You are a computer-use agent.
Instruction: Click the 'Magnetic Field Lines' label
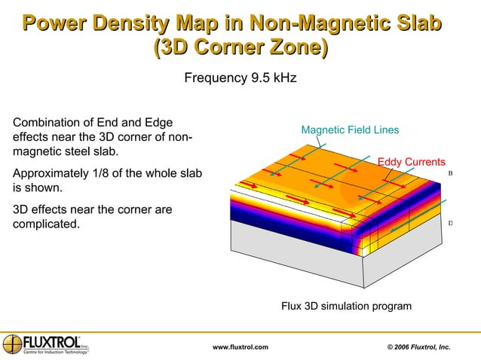tap(350, 130)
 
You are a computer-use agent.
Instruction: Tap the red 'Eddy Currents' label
tap(411, 161)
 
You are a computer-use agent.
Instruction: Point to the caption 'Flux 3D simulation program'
tap(346, 307)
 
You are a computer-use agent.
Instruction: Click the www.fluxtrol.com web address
tap(240, 346)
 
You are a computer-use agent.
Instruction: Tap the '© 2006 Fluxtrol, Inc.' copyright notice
tap(418, 346)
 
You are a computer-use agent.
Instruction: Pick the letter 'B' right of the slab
tap(450, 173)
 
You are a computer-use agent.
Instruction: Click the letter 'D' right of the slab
tap(450, 223)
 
